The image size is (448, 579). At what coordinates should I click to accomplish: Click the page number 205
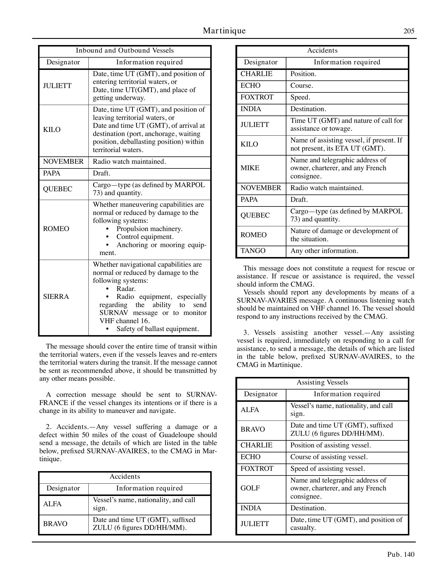(x=409, y=31)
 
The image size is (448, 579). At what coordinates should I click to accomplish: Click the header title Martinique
(x=224, y=31)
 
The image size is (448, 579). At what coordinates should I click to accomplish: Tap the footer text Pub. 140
(x=401, y=554)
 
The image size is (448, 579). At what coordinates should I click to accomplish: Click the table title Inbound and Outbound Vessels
(x=125, y=51)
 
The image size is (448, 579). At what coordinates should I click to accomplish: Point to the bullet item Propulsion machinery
(x=149, y=229)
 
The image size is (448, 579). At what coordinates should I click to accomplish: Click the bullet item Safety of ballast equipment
(x=158, y=329)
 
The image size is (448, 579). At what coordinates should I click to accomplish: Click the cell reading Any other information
(x=324, y=251)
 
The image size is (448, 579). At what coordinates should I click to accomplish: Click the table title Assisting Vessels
(x=322, y=382)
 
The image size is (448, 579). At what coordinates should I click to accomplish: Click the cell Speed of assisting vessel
(x=327, y=468)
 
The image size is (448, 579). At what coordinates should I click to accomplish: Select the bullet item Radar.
(x=126, y=289)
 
